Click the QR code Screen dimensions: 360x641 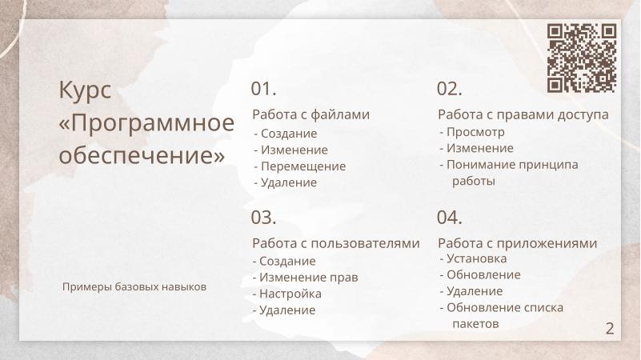582,58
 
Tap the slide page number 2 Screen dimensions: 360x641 610,328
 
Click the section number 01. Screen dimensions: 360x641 263,88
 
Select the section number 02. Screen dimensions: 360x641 450,89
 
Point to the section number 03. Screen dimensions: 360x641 263,217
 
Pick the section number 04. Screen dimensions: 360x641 450,217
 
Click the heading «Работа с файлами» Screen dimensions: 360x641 310,114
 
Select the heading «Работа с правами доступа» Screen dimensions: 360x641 523,114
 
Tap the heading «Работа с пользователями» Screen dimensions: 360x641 335,243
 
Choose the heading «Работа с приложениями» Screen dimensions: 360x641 517,243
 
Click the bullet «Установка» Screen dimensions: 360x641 476,258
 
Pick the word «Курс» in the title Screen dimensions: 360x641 85,90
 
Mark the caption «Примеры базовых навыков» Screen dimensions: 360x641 134,286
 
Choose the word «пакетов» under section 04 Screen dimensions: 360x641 475,324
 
